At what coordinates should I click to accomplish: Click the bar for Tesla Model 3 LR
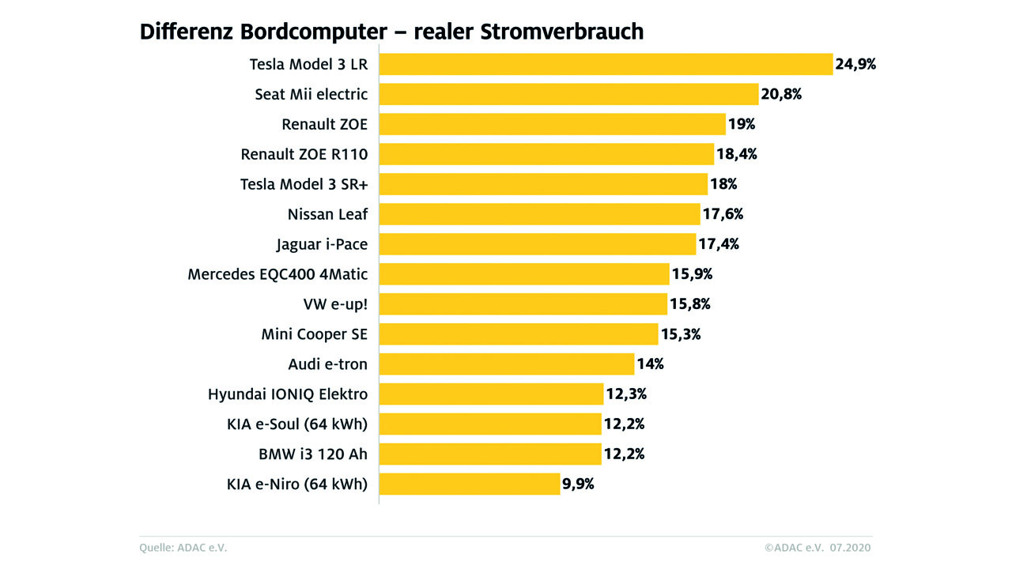[x=606, y=64]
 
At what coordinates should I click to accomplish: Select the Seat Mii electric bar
[x=568, y=94]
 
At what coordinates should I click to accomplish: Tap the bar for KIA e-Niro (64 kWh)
[x=470, y=484]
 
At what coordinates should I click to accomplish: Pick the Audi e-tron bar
[x=507, y=364]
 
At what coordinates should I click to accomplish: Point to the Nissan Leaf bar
[x=539, y=214]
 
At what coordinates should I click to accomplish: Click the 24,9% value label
[x=855, y=64]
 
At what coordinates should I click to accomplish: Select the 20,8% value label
[x=781, y=94]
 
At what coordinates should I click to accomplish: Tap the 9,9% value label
[x=578, y=484]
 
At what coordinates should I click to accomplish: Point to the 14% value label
[x=651, y=364]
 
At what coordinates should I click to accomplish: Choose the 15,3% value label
[x=680, y=334]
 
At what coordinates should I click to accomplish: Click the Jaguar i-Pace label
[x=322, y=244]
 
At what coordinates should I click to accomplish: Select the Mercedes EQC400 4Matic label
[x=278, y=274]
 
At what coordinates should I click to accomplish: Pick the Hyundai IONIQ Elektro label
[x=288, y=394]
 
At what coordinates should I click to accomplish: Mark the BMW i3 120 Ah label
[x=313, y=454]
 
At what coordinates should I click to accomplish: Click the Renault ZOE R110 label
[x=304, y=154]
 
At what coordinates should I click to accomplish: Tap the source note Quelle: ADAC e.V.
[x=188, y=548]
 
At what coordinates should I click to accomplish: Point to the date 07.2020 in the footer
[x=852, y=548]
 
